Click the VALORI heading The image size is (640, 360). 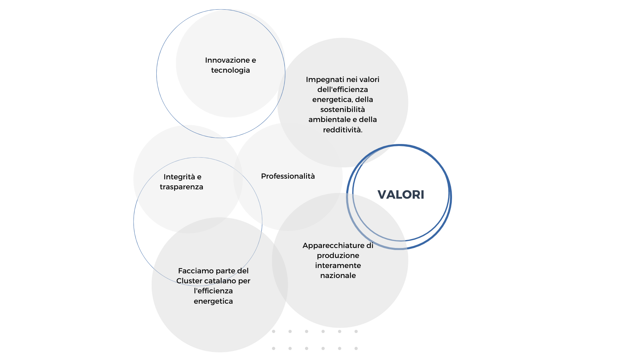[x=401, y=195]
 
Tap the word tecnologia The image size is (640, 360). [x=230, y=70]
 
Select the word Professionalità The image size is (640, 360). [x=288, y=176]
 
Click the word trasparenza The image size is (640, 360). [x=181, y=187]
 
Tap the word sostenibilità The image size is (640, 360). [x=343, y=110]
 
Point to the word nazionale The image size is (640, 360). [x=338, y=276]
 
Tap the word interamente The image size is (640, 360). [x=338, y=266]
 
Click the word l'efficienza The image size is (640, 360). [x=213, y=291]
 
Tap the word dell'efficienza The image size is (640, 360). [x=343, y=90]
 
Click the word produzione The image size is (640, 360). [x=338, y=256]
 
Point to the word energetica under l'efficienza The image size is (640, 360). [x=213, y=301]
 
